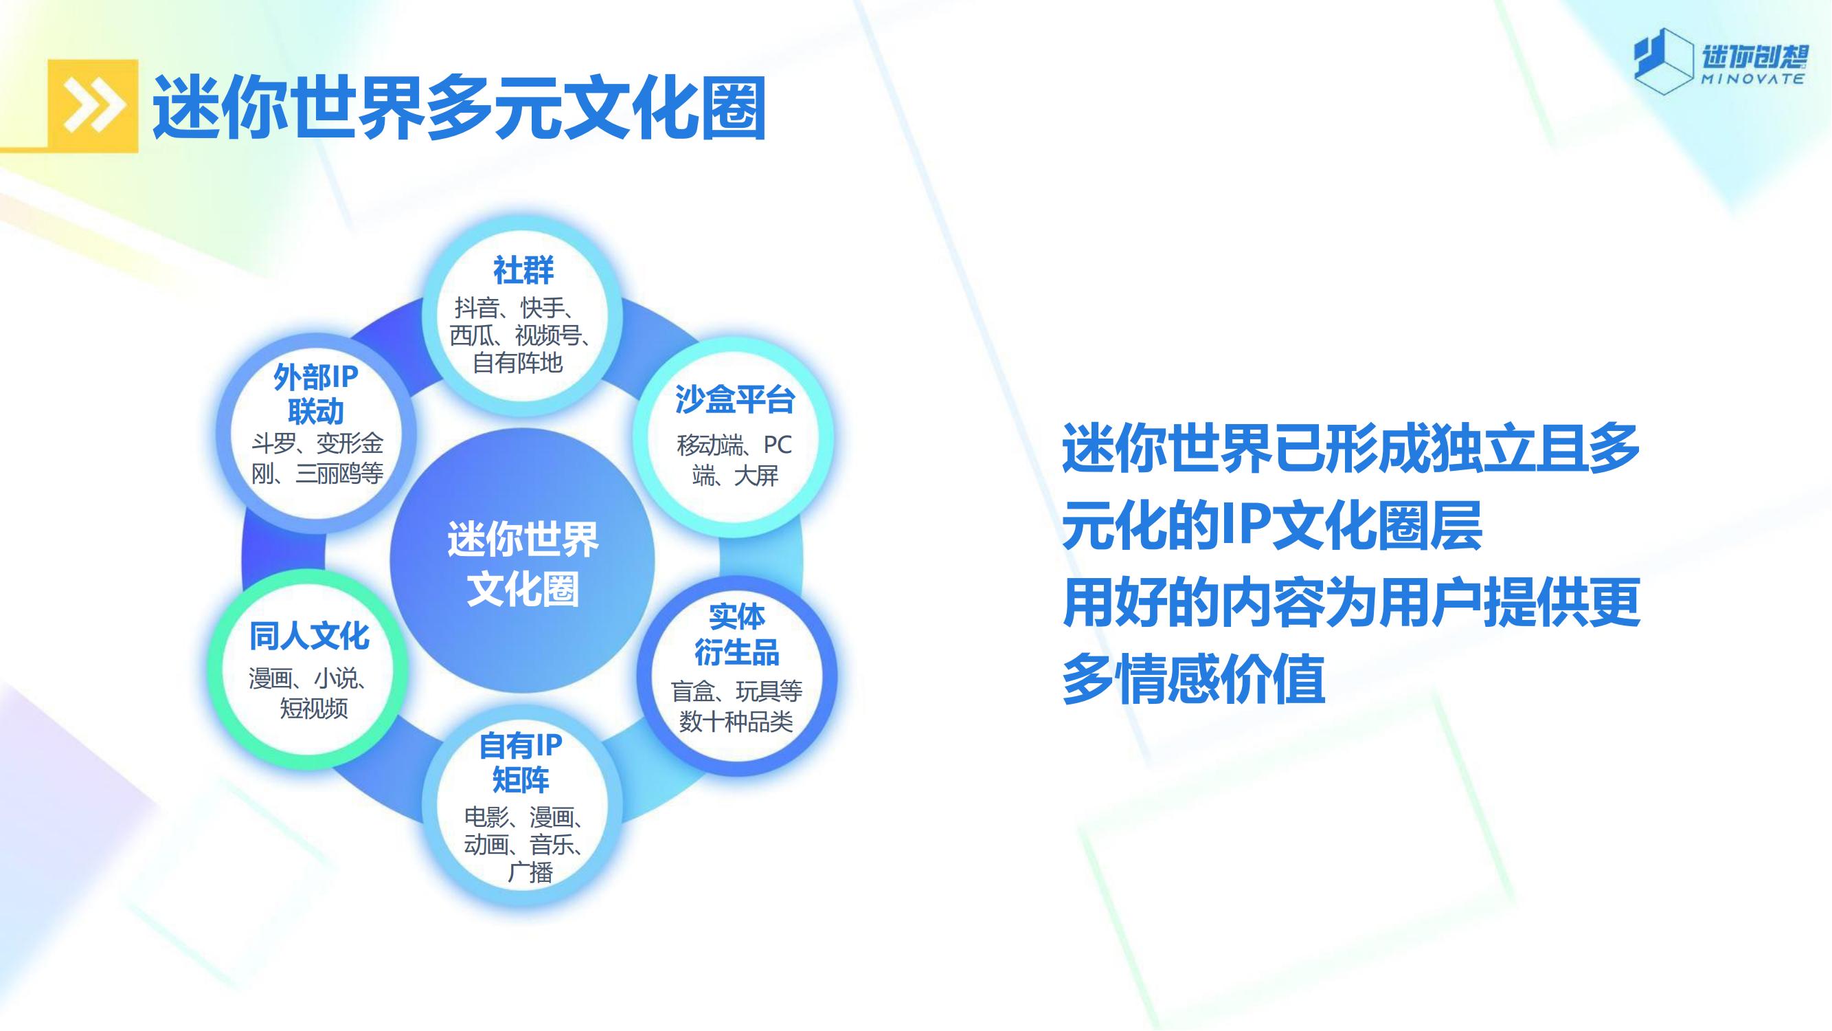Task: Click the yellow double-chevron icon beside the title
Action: [93, 106]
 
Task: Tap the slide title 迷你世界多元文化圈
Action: [460, 107]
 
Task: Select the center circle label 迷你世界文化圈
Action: [523, 564]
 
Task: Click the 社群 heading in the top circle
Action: [523, 270]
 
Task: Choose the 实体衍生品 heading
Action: [737, 634]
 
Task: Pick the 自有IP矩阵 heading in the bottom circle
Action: [521, 762]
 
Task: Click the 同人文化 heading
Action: [309, 636]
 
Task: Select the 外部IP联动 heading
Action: [316, 393]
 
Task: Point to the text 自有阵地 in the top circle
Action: [518, 363]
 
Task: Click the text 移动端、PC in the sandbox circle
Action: [734, 445]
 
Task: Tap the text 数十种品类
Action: [736, 722]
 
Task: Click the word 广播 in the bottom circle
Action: [530, 872]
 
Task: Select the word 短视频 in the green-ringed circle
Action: [314, 708]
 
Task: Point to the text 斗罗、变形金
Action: [317, 444]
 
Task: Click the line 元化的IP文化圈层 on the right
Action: [1272, 525]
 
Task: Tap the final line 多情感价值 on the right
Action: [1193, 679]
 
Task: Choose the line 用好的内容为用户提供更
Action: [1351, 602]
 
